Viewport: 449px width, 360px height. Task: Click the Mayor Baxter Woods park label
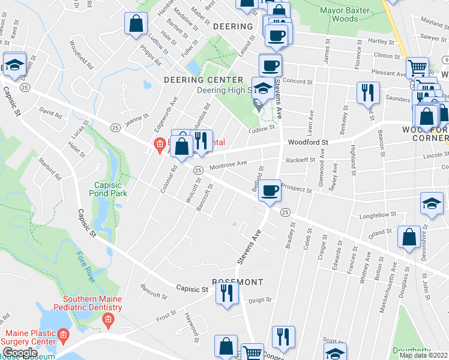tap(339, 14)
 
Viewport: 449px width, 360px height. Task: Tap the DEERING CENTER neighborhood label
tap(203, 80)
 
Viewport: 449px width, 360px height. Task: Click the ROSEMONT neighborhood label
tap(238, 281)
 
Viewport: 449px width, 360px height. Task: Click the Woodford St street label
tap(308, 143)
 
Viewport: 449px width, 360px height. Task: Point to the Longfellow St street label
tap(378, 214)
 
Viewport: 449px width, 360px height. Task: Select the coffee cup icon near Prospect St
tap(270, 191)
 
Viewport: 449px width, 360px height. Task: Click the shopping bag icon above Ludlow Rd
tap(136, 25)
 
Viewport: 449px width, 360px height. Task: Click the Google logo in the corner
tap(19, 353)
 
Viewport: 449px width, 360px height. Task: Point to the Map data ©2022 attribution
tap(423, 355)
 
